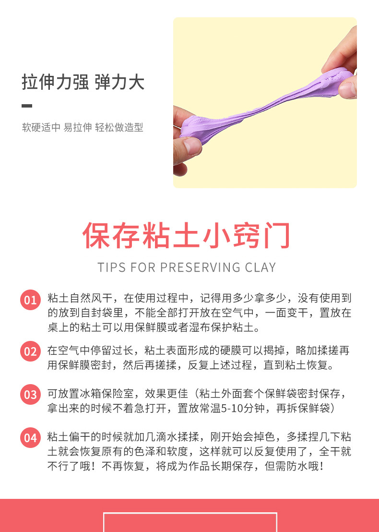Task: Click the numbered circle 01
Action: (30, 300)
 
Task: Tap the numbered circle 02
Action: (30, 351)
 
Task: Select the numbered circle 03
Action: (30, 395)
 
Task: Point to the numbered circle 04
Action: (30, 438)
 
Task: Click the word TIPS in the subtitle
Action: (112, 267)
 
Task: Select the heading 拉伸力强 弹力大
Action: (83, 83)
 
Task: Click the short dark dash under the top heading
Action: (27, 106)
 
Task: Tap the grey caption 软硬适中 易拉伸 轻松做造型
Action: (83, 127)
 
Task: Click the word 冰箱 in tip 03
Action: (93, 394)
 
